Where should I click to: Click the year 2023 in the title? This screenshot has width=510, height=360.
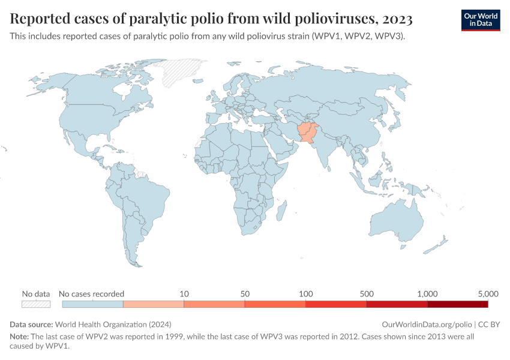click(396, 20)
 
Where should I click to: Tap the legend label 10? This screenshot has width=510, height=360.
click(184, 293)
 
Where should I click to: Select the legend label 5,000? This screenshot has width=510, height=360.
click(488, 293)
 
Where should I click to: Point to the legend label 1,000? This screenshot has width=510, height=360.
click(427, 293)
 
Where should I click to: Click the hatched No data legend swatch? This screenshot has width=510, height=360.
click(36, 304)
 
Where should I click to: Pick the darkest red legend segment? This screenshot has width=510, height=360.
click(457, 304)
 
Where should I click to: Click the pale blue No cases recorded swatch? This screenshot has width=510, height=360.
click(92, 304)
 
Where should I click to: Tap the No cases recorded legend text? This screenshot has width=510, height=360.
click(91, 293)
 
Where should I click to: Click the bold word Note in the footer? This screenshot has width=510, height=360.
click(19, 337)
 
